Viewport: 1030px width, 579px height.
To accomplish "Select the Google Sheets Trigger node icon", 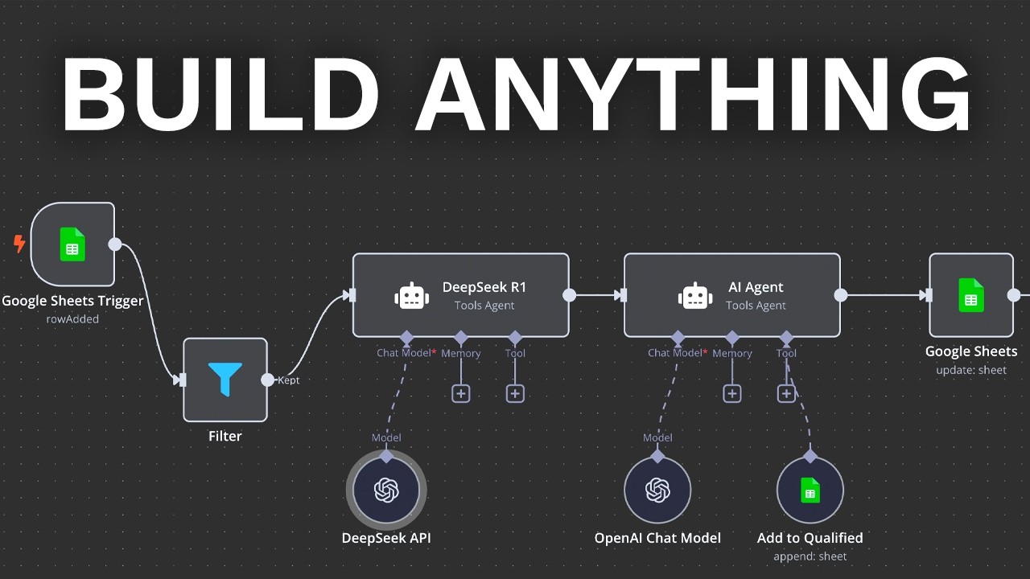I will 72,244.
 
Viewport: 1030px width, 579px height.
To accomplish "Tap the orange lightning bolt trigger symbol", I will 19,243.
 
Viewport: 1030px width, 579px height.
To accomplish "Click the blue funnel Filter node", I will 225,380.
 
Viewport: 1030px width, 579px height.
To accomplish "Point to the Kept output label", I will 288,380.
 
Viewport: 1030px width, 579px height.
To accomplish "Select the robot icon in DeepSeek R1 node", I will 411,295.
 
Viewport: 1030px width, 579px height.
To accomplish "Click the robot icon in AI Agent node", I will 695,295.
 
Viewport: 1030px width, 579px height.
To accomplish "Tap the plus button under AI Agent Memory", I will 731,393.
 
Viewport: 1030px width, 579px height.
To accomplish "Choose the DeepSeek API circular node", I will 386,490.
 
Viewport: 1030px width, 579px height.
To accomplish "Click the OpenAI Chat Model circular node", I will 657,490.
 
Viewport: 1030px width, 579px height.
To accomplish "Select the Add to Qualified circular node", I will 810,490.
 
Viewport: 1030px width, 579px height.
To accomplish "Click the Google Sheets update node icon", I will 971,295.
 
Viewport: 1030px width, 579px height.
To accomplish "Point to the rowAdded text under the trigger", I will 72,319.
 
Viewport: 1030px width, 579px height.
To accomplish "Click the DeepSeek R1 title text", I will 484,287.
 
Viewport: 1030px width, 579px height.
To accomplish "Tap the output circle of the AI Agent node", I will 841,295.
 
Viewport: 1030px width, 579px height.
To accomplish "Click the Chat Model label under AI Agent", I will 675,353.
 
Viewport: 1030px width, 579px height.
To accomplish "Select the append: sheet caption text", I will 810,556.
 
